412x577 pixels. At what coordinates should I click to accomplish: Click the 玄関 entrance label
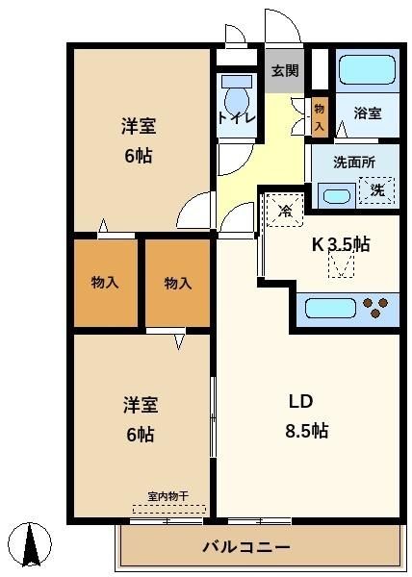tap(285, 70)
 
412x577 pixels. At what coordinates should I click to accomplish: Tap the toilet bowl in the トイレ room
tap(237, 97)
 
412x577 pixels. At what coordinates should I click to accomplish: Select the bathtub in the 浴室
tap(367, 70)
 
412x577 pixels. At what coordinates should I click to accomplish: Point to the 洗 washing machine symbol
tap(377, 190)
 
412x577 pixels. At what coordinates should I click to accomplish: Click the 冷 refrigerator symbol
tap(284, 210)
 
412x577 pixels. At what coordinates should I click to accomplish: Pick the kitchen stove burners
tap(375, 308)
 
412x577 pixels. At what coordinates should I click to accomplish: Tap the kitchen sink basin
tap(330, 309)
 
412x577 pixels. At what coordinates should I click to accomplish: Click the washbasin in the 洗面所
tap(337, 196)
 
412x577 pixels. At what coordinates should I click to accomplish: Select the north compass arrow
tap(31, 545)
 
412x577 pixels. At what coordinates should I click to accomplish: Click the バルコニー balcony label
tap(246, 547)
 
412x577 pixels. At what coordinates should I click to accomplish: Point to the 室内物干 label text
tap(167, 497)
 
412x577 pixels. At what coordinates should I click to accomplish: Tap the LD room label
tap(300, 401)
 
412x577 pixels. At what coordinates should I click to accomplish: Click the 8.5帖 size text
tap(307, 431)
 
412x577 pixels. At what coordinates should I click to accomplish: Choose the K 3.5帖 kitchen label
tap(341, 244)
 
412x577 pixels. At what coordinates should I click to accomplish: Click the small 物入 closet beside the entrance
tap(320, 117)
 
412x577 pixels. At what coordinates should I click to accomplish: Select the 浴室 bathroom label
tap(368, 113)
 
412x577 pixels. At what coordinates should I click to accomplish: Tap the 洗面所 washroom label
tap(354, 163)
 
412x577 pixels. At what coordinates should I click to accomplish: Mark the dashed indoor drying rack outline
tap(169, 510)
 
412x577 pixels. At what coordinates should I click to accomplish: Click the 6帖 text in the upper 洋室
tap(139, 156)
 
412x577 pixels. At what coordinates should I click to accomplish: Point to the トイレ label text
tap(237, 118)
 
